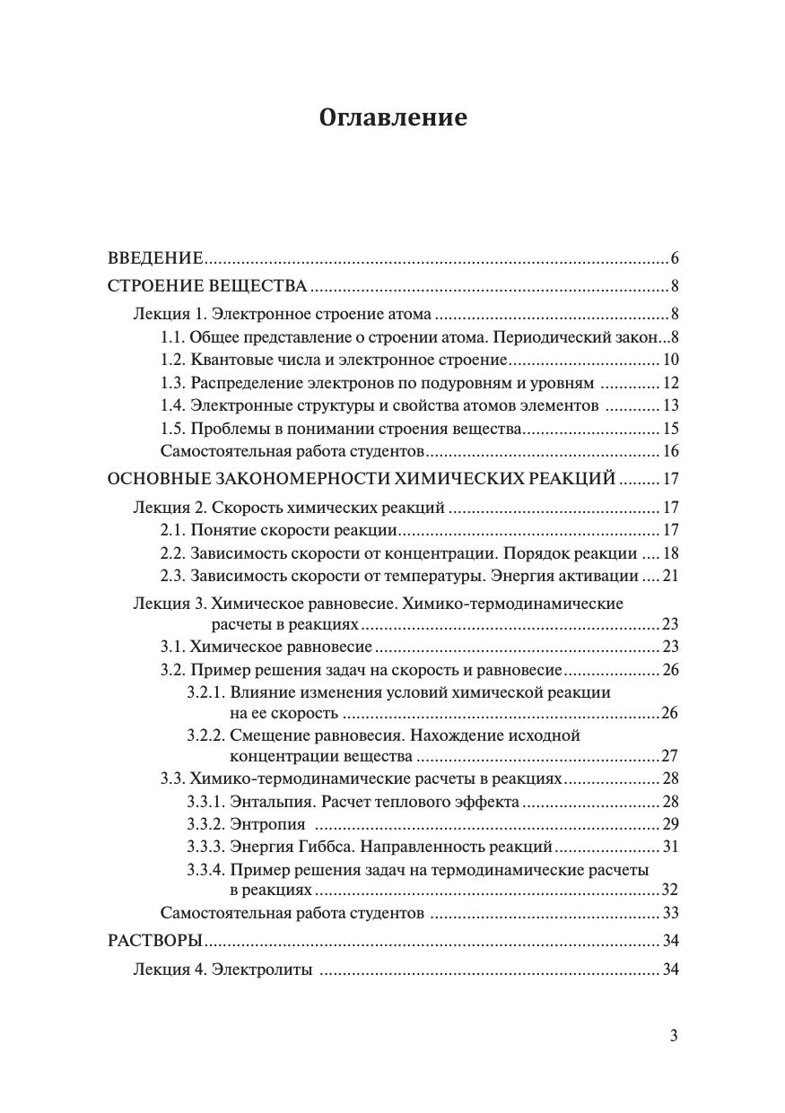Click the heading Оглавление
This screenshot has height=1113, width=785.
pyautogui.click(x=393, y=117)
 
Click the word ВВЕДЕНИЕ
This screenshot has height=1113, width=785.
pyautogui.click(x=155, y=259)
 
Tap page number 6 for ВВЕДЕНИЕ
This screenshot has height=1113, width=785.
pyautogui.click(x=674, y=259)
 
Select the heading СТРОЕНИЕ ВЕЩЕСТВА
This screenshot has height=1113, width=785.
pyautogui.click(x=207, y=287)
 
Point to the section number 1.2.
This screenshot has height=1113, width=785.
pyautogui.click(x=173, y=361)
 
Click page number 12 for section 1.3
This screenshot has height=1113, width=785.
pyautogui.click(x=670, y=384)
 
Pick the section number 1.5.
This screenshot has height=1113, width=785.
pyautogui.click(x=173, y=429)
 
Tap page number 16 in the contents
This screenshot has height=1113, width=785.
pyautogui.click(x=670, y=452)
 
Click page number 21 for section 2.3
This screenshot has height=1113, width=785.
pyautogui.click(x=670, y=576)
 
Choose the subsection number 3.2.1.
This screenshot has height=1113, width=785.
pyautogui.click(x=205, y=692)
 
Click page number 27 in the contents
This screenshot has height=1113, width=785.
pyautogui.click(x=670, y=756)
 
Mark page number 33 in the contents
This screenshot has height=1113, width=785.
pyautogui.click(x=670, y=914)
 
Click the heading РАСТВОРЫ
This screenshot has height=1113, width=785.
pyautogui.click(x=154, y=941)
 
